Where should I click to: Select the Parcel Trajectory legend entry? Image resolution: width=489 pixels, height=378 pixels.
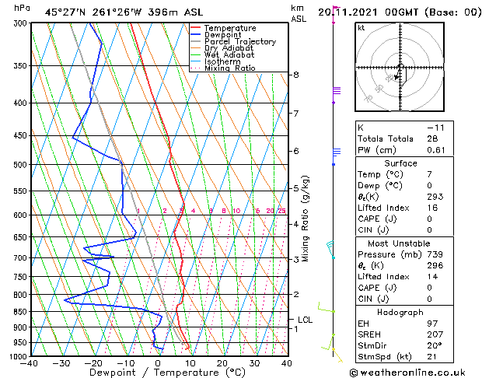pos(239,42)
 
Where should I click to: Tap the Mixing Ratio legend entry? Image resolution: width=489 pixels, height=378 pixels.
pos(230,68)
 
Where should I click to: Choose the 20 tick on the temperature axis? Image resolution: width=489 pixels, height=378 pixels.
pos(222,363)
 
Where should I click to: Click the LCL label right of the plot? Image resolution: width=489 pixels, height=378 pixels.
pos(305,320)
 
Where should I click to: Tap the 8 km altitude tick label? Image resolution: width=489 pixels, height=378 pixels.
pos(296,75)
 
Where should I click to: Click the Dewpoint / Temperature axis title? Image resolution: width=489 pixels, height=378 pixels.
pos(158,373)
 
